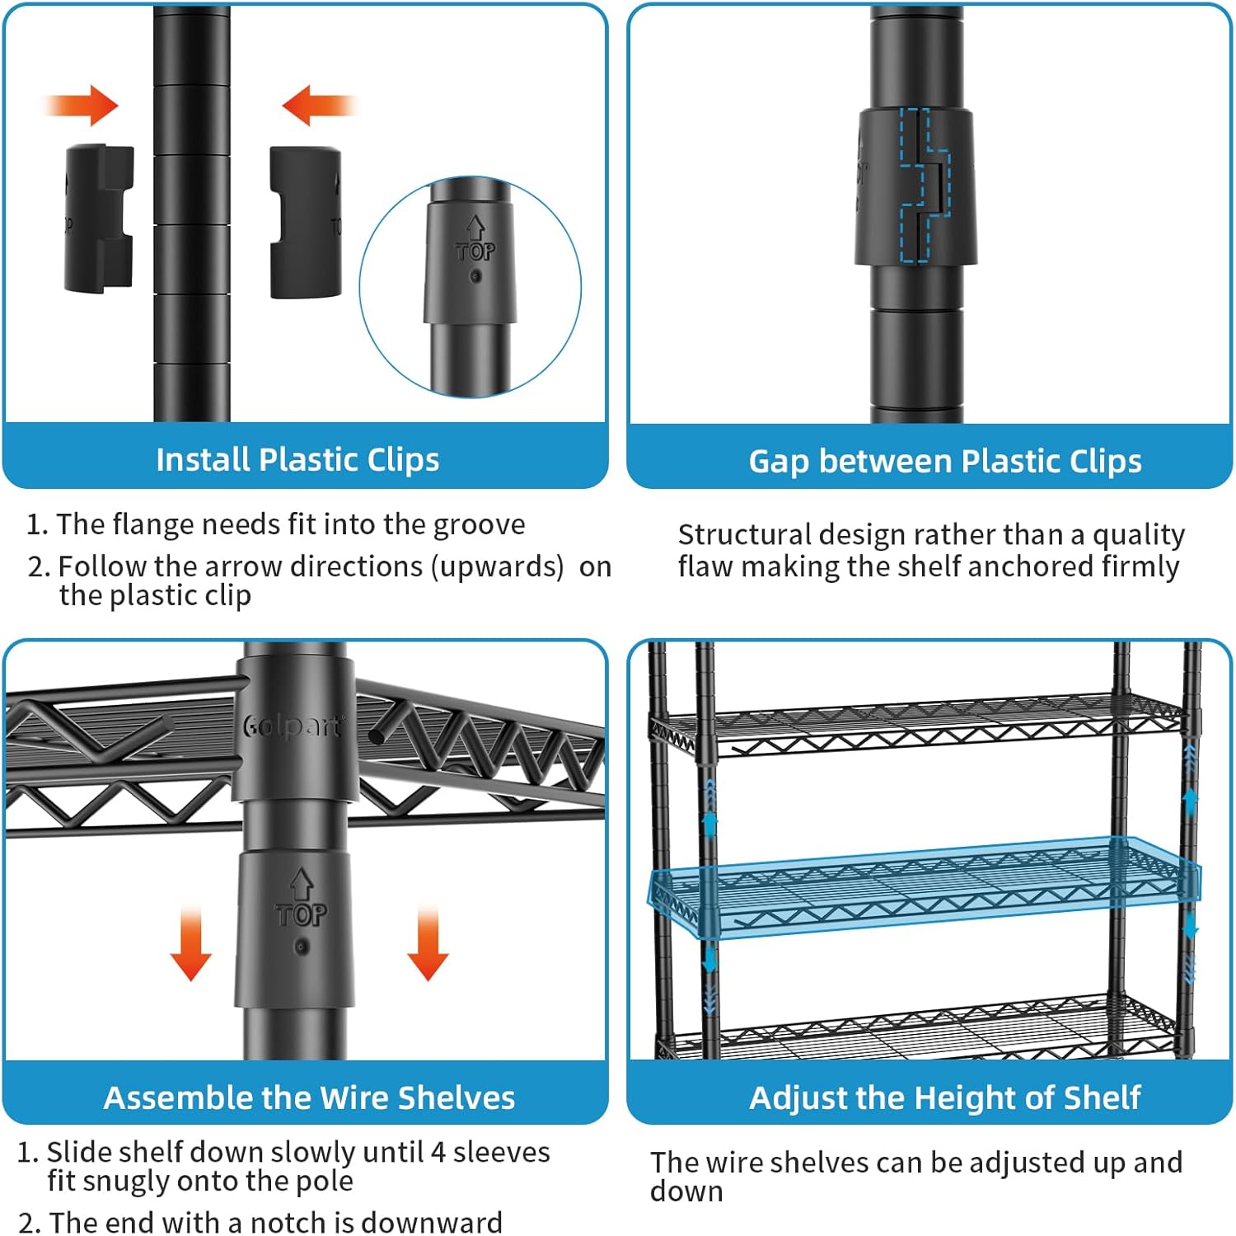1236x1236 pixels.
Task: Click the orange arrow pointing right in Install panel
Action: [x=82, y=106]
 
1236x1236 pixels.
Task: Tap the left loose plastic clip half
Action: [x=99, y=219]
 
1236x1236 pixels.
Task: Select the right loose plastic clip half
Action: [x=305, y=223]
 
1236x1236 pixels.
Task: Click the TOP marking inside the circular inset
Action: [x=475, y=251]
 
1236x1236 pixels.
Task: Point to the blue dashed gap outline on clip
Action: [x=924, y=186]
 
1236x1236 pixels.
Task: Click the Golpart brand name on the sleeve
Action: [x=293, y=726]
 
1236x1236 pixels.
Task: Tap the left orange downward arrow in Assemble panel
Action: [x=190, y=944]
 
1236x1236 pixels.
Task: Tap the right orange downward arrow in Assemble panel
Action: [x=428, y=944]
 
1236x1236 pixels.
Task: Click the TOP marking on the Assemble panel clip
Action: [x=301, y=914]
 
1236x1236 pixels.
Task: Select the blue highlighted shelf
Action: [x=923, y=886]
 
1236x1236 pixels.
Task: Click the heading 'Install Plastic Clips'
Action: [x=297, y=459]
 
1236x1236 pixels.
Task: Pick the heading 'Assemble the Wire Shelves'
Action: [x=309, y=1097]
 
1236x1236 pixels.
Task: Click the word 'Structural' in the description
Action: [x=745, y=535]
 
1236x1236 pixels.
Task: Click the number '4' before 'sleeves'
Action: [x=438, y=1152]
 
